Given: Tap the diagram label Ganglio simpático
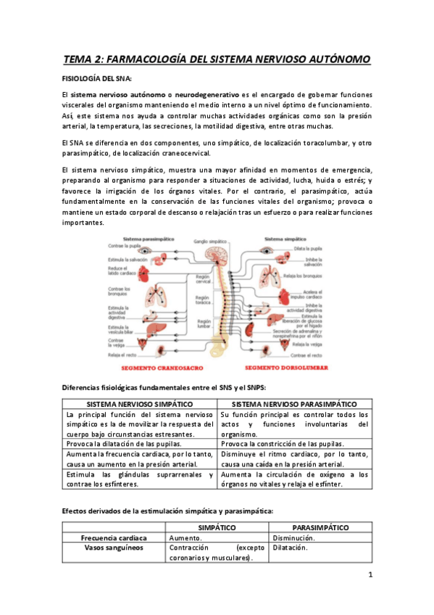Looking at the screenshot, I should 209,239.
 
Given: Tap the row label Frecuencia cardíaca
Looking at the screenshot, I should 114,539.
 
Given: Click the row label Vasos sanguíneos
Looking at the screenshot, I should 114,549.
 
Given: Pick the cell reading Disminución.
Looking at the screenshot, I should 293,539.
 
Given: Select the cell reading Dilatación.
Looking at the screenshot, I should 291,549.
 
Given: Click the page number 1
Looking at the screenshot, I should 370,576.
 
